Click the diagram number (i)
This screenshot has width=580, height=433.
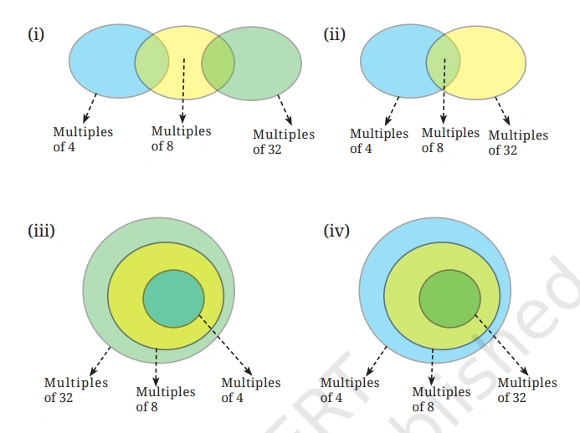pyautogui.click(x=35, y=35)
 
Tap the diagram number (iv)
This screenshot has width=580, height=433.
pyautogui.click(x=336, y=230)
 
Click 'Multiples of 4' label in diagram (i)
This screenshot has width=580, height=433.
pyautogui.click(x=83, y=140)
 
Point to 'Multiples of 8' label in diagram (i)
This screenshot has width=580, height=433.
pyautogui.click(x=181, y=139)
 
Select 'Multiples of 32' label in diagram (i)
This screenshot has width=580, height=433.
pyautogui.click(x=284, y=141)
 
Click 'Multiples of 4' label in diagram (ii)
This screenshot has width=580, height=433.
pyautogui.click(x=379, y=140)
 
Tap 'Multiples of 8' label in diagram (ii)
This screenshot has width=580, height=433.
pyautogui.click(x=450, y=140)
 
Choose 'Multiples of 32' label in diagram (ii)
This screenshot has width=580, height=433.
pyautogui.click(x=518, y=142)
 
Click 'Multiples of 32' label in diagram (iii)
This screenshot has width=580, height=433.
pyautogui.click(x=75, y=390)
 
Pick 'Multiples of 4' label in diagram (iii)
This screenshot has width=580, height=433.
pyautogui.click(x=250, y=390)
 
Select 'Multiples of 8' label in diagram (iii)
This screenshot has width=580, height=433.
pyautogui.click(x=165, y=399)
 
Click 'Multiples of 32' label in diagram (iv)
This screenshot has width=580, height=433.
pyautogui.click(x=526, y=390)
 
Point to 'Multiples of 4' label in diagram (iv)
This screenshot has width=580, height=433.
pyautogui.click(x=349, y=390)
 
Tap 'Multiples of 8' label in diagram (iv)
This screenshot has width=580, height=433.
pyautogui.click(x=441, y=399)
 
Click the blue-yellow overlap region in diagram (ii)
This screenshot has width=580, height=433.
pyautogui.click(x=444, y=62)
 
